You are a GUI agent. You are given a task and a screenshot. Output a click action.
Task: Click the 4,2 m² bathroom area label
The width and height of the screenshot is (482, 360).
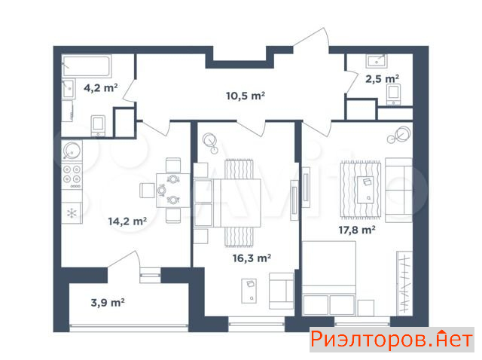(x=100, y=88)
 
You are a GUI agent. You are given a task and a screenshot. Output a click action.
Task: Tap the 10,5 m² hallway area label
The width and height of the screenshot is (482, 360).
(x=246, y=96)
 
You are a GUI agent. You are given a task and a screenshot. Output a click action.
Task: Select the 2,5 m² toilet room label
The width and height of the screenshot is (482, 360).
(x=382, y=79)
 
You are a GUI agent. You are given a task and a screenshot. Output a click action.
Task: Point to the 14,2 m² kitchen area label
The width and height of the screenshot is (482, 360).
(x=127, y=221)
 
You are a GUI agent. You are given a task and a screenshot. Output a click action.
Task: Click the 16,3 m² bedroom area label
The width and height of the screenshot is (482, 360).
(x=252, y=258)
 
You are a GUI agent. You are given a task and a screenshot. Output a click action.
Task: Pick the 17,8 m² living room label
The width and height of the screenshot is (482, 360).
(x=356, y=230)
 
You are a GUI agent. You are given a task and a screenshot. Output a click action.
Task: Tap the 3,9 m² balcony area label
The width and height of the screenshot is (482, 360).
(x=108, y=303)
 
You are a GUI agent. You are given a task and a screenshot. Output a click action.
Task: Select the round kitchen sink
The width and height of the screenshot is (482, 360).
(x=72, y=150)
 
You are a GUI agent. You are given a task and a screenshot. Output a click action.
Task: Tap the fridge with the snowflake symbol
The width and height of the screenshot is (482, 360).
(x=72, y=212)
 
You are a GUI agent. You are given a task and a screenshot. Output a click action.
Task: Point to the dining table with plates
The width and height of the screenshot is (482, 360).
(x=172, y=190)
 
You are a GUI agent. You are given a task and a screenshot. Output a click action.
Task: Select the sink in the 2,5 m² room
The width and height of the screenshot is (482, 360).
(x=377, y=61)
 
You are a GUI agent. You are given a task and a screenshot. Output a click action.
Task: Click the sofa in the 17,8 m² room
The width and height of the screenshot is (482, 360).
(x=398, y=190)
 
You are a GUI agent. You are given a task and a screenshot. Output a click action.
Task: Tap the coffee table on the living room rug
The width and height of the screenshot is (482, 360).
(x=365, y=190)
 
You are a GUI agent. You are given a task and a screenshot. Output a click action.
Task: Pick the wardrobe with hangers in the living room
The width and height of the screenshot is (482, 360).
(x=404, y=283)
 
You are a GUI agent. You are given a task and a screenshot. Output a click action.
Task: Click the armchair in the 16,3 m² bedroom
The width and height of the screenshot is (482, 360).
(x=281, y=291)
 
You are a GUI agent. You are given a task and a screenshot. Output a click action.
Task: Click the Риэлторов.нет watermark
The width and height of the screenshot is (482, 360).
(x=392, y=340)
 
